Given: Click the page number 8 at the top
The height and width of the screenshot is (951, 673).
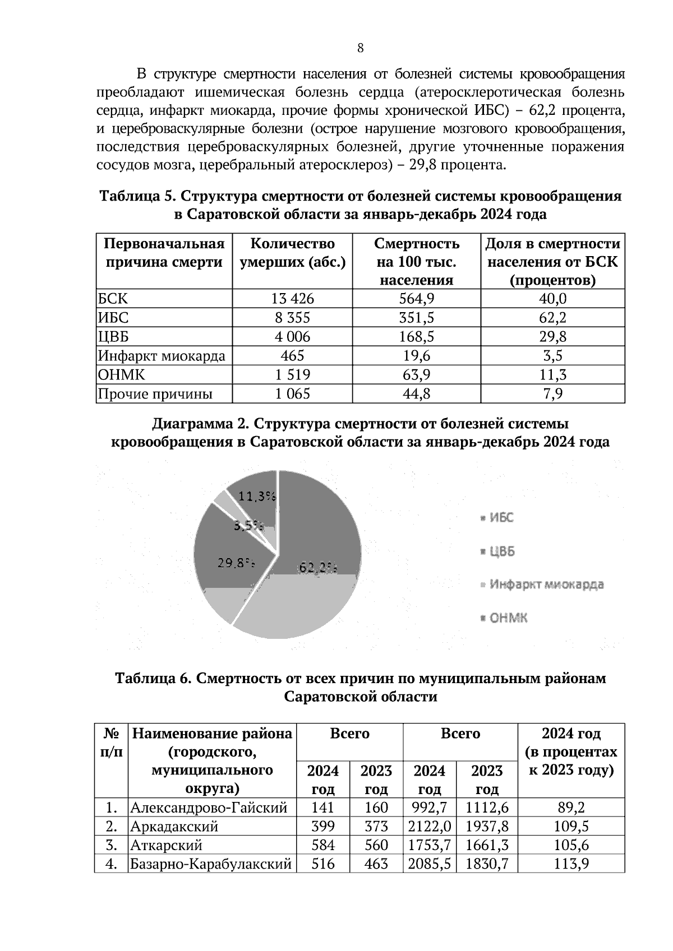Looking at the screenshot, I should pos(361,48).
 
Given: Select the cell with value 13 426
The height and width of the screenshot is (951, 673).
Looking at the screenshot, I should pos(292,299).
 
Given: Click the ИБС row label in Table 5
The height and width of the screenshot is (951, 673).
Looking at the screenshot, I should pos(113,318).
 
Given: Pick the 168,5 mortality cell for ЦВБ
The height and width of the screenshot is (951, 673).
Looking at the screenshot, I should pos(416,337).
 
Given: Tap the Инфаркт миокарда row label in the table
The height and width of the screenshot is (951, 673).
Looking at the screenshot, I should pos(162,356).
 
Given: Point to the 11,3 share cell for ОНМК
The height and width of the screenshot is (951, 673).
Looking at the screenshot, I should pos(552,375).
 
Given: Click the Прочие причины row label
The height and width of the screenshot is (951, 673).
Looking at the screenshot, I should pos(155,394).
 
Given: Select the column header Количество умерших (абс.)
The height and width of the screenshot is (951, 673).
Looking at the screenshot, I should pos(292,253).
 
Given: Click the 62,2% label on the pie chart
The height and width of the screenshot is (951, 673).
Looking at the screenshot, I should pos(318,568).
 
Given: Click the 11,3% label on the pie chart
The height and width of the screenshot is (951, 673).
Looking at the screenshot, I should pos(257,496).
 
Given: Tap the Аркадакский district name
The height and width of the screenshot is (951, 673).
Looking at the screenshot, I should pos(174,827).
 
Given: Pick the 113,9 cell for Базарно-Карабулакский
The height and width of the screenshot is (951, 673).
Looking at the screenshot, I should pos(571,864).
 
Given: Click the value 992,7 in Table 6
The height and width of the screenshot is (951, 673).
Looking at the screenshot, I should pos(429,808).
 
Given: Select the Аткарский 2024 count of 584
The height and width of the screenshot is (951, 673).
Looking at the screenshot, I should pos(322,845).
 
